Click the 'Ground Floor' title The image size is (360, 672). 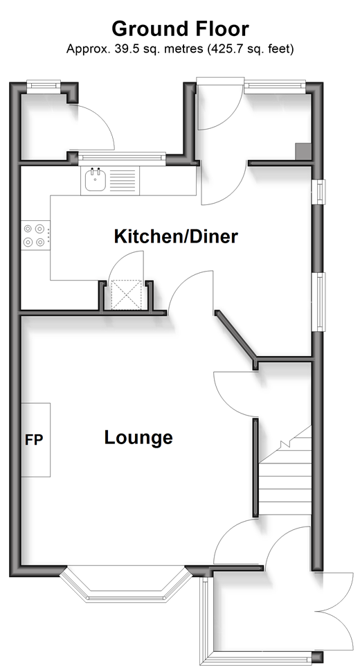(180, 29)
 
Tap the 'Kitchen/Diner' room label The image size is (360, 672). (176, 236)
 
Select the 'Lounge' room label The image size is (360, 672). (138, 438)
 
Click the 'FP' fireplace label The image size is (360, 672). (34, 440)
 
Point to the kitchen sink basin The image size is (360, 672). (95, 180)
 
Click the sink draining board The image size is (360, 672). (123, 180)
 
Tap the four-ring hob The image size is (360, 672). (34, 236)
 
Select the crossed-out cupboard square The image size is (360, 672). (126, 294)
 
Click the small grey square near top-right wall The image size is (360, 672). (303, 151)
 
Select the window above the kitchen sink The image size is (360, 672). (122, 158)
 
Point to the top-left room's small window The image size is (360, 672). (43, 85)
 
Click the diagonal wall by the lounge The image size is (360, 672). (235, 334)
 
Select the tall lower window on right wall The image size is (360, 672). (318, 302)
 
